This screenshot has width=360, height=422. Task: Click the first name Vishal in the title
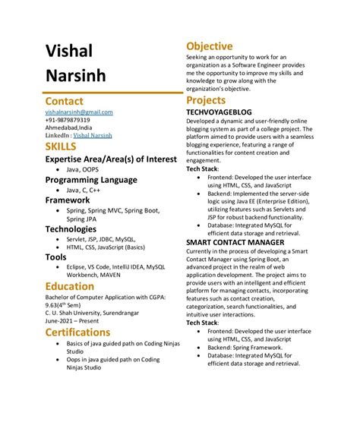pyautogui.click(x=69, y=51)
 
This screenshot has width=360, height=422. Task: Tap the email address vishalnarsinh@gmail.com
pyautogui.click(x=79, y=112)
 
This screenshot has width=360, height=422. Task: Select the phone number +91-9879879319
pyautogui.click(x=68, y=120)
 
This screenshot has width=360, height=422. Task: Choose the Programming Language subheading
pyautogui.click(x=91, y=180)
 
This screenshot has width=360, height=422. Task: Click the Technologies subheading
pyautogui.click(x=81, y=228)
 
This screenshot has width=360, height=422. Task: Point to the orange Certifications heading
pyautogui.click(x=89, y=332)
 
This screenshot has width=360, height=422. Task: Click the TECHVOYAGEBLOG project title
pyautogui.click(x=226, y=112)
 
